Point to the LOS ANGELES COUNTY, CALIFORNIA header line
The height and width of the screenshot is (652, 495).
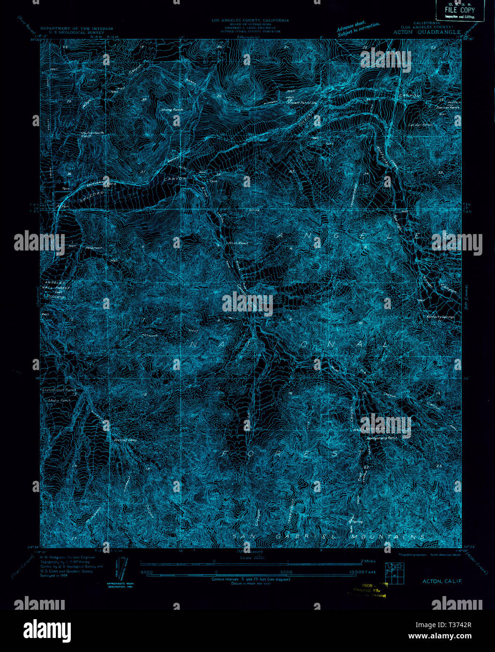(250, 21)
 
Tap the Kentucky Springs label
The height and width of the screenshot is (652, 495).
(441, 317)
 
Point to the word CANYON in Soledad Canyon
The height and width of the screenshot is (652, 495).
(175, 179)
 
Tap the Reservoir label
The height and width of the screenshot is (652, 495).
(93, 247)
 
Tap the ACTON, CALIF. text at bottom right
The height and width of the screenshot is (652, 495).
(439, 581)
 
